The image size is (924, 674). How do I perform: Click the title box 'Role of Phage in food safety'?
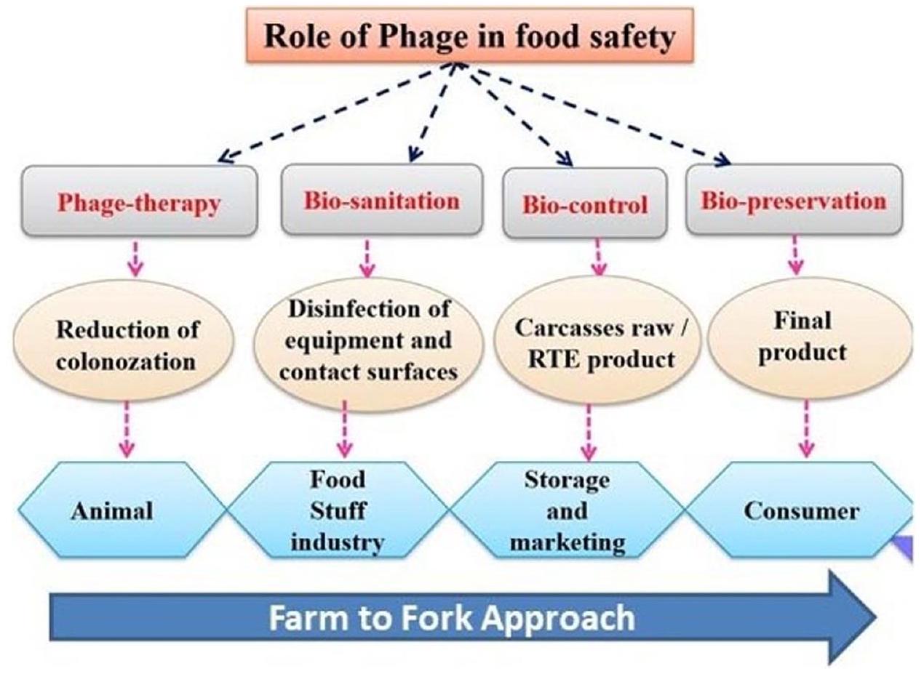pyautogui.click(x=469, y=36)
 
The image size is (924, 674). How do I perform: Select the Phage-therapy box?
pyautogui.click(x=139, y=201)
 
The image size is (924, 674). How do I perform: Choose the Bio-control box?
pyautogui.click(x=585, y=203)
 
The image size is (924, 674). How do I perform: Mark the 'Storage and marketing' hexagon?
pyautogui.click(x=567, y=511)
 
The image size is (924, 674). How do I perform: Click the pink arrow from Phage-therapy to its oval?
pyautogui.click(x=135, y=258)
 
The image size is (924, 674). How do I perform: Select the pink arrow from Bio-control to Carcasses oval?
pyautogui.click(x=598, y=257)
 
